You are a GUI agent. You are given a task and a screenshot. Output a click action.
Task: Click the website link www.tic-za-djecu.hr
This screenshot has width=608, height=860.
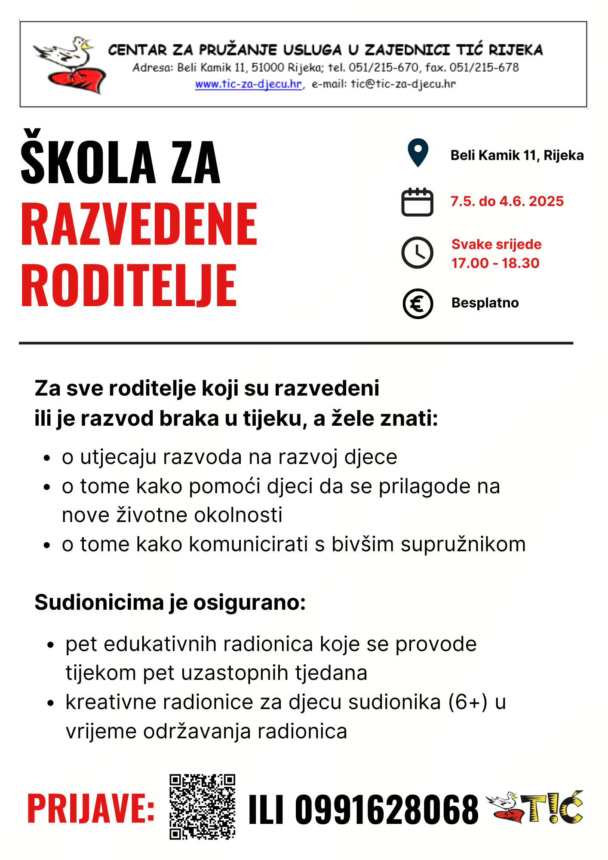coord(249,84)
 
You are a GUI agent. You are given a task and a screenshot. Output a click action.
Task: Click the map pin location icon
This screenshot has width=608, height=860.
coord(418,153)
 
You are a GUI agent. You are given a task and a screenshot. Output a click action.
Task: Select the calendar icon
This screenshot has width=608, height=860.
coord(417,202)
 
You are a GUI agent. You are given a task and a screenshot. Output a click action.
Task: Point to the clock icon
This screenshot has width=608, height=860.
coord(417,252)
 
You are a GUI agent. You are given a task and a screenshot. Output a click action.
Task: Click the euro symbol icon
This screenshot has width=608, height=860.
coord(418,304)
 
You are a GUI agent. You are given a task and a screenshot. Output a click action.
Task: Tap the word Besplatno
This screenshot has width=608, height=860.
coord(485,303)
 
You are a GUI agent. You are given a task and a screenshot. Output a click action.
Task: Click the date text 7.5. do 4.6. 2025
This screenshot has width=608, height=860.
coord(507,201)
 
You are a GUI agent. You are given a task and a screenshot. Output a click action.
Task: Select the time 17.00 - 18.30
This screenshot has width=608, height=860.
coord(495,263)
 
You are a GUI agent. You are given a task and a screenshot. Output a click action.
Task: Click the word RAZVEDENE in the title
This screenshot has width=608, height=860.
coord(139,225)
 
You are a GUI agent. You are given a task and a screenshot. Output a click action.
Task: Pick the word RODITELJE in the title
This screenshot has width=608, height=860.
coord(129,286)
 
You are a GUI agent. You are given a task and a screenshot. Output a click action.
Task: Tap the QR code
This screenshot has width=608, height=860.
coord(202,807)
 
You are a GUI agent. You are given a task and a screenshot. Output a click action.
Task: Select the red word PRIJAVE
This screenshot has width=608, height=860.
coord(91,809)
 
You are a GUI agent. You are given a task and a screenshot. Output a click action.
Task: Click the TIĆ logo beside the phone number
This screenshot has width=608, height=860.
coord(535,807)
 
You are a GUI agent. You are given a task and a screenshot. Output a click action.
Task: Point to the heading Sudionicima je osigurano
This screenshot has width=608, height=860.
coord(170,602)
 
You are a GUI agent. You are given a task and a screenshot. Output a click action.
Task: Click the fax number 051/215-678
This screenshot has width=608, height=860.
coord(484,68)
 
